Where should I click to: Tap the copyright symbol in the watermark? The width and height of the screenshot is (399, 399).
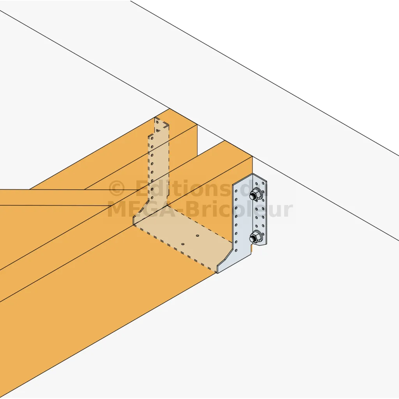117,189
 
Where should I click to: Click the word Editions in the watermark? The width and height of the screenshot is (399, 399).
182,188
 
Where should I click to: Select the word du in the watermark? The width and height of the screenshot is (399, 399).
251,188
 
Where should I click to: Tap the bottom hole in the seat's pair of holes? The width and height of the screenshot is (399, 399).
183,244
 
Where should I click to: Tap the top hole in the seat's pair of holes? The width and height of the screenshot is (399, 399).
198,236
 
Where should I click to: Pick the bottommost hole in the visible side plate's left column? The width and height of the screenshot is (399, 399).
236,251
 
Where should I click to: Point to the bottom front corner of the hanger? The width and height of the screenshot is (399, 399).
217,273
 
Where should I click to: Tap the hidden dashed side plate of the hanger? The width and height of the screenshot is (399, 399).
158,168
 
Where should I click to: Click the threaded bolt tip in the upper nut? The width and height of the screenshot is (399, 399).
253,196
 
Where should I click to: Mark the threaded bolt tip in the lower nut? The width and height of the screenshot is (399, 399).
253,238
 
